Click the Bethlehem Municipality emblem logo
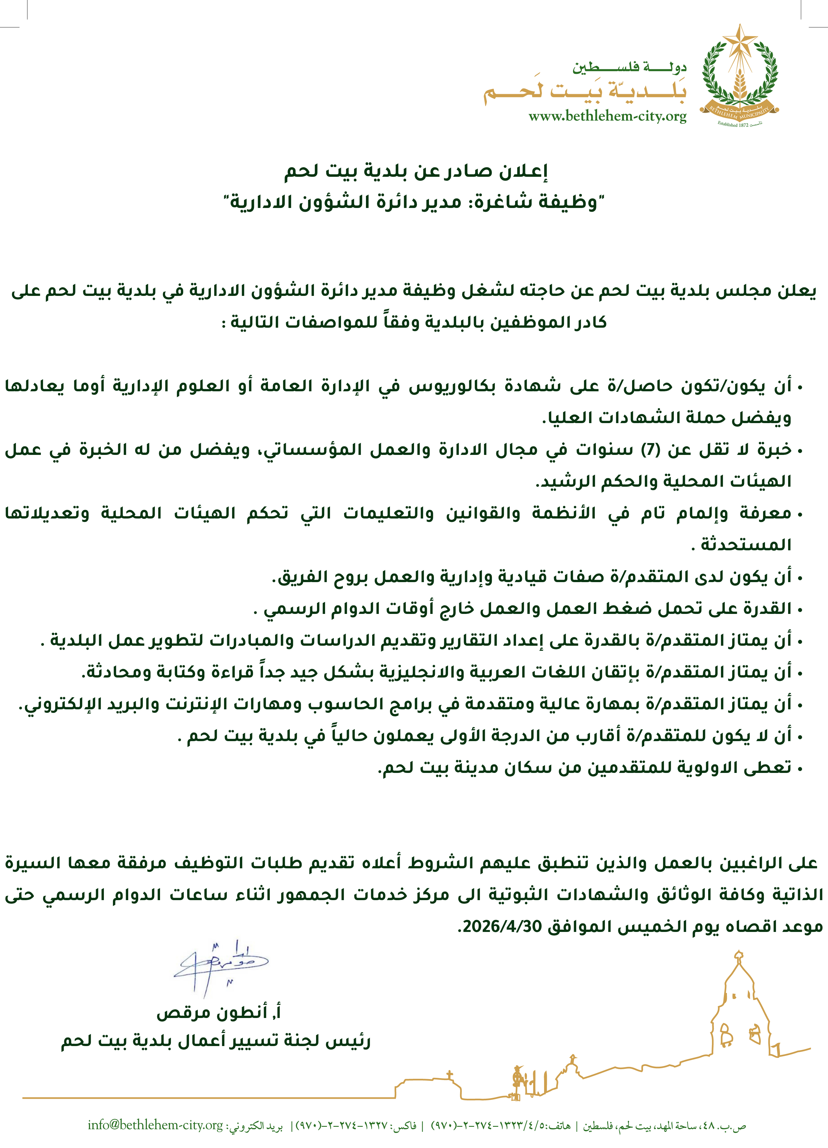[739, 76]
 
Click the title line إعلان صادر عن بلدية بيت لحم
[416, 171]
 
